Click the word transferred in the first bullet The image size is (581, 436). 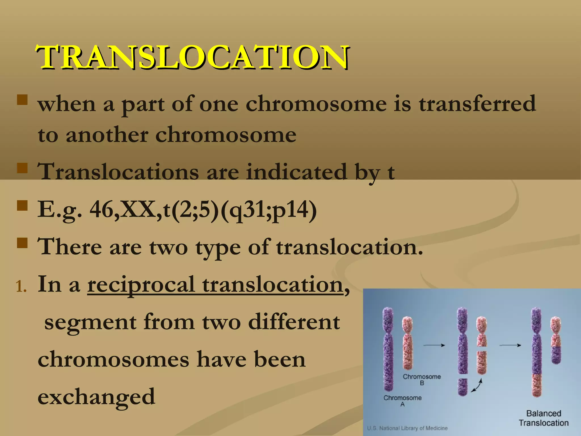[x=477, y=104]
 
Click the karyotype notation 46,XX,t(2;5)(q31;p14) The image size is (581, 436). [x=203, y=210]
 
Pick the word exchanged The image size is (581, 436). [x=96, y=397]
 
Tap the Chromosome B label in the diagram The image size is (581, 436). [x=422, y=380]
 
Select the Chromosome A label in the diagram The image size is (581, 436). [x=403, y=401]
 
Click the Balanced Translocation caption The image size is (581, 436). [x=544, y=418]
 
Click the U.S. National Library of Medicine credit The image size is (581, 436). [x=407, y=428]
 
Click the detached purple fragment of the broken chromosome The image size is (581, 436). [x=462, y=387]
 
